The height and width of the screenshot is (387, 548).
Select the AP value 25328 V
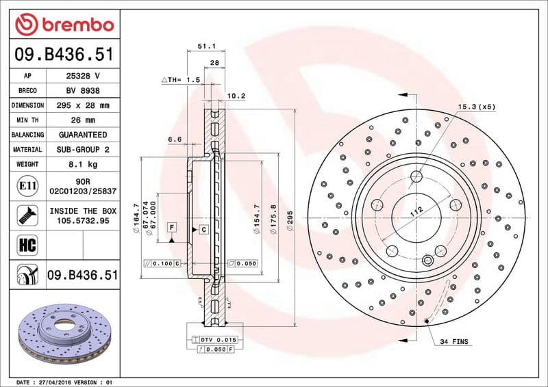(x=83, y=76)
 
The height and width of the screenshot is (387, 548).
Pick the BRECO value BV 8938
(x=83, y=90)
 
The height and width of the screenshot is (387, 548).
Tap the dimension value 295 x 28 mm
(x=83, y=105)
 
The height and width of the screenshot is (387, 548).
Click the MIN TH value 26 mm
(x=83, y=120)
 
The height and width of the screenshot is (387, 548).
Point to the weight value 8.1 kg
(x=83, y=164)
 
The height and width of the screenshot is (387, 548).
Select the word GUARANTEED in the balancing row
(x=83, y=135)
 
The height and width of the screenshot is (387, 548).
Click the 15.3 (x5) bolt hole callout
(x=476, y=107)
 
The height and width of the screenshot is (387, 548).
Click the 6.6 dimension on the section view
(x=175, y=139)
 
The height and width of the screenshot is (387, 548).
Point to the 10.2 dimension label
(x=236, y=96)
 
